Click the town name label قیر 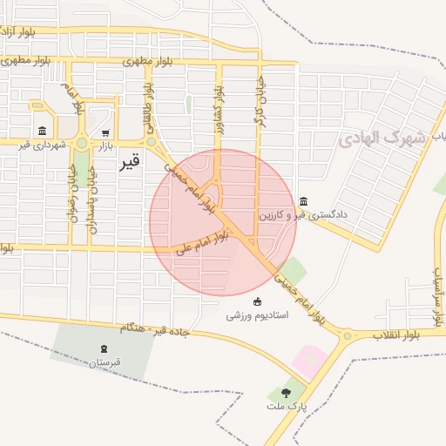[129, 162]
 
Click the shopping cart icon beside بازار [105, 133]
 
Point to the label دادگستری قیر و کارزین [303, 213]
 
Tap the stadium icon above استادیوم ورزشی [256, 301]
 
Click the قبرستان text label [104, 362]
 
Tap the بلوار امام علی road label [202, 241]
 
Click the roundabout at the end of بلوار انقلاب [348, 335]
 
